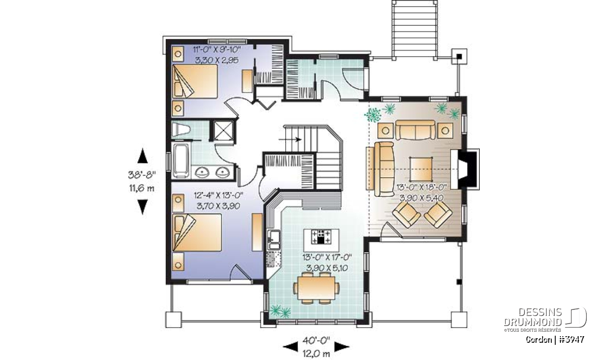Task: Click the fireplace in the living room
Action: click(465, 169)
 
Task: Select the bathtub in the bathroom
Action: click(181, 161)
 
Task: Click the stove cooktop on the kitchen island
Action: click(321, 236)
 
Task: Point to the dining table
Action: click(316, 288)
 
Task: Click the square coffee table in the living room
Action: click(421, 169)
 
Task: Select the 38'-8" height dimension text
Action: click(142, 175)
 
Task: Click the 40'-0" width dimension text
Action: click(316, 340)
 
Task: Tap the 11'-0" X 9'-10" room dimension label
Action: click(217, 50)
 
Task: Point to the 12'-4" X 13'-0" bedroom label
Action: click(218, 195)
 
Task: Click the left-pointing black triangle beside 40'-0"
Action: click(291, 346)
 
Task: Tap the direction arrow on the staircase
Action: click(290, 139)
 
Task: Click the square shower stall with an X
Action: click(223, 131)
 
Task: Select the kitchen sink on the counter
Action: click(273, 240)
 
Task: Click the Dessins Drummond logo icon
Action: click(576, 317)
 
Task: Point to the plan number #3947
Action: click(572, 339)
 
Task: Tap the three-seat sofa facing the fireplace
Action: click(384, 169)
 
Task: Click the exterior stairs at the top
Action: click(414, 30)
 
